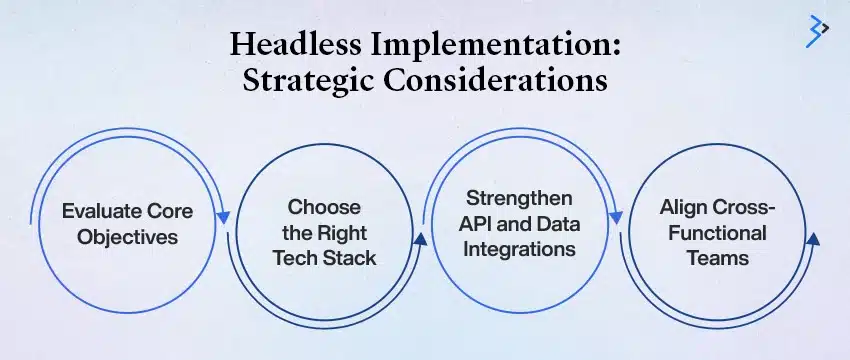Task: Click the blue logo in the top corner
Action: tap(817, 32)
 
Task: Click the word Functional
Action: tap(714, 233)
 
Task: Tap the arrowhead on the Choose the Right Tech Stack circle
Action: tap(421, 239)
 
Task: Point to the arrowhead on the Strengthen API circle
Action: tap(617, 214)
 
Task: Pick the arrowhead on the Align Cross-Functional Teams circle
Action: tap(812, 239)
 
